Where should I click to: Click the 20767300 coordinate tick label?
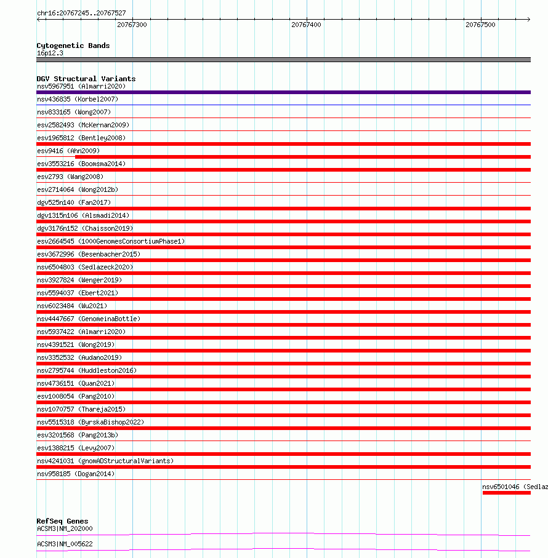(x=132, y=25)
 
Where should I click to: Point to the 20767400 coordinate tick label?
(x=306, y=25)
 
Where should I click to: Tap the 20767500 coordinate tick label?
(x=480, y=25)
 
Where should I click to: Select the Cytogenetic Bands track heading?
(x=73, y=46)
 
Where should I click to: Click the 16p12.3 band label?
(x=50, y=53)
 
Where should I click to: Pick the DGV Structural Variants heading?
(x=86, y=79)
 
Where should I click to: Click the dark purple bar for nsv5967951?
(x=283, y=92)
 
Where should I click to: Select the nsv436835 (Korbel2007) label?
(x=78, y=99)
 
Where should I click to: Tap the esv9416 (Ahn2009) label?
(x=68, y=151)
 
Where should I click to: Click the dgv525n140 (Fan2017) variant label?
(x=74, y=202)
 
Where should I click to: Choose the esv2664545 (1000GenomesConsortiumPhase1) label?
(x=111, y=241)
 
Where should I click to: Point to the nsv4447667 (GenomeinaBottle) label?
(x=89, y=319)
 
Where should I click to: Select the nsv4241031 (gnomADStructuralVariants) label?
(x=105, y=461)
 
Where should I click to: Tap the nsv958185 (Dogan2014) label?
(x=76, y=474)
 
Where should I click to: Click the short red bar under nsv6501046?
(x=506, y=493)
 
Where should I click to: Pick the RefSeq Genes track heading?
(x=62, y=521)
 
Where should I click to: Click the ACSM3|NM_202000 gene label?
(x=65, y=528)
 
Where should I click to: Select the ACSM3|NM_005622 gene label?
(x=65, y=544)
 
